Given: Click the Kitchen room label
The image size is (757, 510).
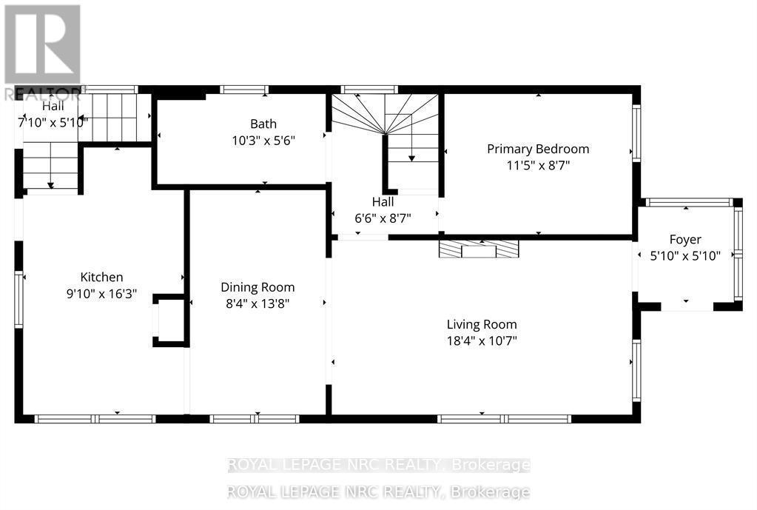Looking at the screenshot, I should (101, 277).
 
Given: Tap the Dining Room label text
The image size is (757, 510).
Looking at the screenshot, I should (258, 287).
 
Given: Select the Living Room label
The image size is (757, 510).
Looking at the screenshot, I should (482, 324).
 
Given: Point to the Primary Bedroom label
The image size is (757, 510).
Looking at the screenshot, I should (538, 149).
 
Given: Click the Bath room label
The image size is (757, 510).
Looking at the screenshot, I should (263, 124).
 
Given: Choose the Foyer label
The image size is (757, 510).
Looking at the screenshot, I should (685, 239).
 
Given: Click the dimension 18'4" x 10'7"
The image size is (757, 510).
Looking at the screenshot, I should (482, 341).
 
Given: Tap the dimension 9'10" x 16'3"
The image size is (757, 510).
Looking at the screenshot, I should (101, 293).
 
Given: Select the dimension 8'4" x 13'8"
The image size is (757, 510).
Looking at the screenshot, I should (258, 303).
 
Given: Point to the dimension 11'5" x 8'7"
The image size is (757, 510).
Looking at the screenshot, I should (538, 165).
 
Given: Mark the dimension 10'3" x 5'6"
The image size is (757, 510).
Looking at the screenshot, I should (263, 140).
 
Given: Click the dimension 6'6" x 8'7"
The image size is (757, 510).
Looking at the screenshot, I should (383, 218).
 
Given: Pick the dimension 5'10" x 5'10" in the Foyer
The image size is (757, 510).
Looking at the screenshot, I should (685, 256).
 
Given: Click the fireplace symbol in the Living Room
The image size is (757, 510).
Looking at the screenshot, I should (478, 249).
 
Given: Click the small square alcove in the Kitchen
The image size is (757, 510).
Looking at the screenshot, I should (169, 321).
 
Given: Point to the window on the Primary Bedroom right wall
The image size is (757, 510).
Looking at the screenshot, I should (636, 132).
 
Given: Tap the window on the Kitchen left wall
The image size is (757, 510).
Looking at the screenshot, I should (18, 299).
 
